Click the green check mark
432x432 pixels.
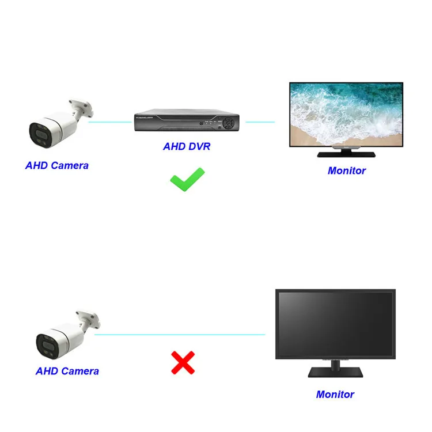tap(187, 179)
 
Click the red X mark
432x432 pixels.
tap(183, 363)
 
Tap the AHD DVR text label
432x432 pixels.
tap(187, 146)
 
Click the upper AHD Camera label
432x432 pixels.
tap(57, 165)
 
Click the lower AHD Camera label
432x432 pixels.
tap(67, 371)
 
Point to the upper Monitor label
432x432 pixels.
tap(347, 170)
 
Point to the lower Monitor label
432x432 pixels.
tap(335, 395)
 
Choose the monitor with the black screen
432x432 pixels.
tap(335, 323)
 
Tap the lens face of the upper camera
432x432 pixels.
tap(39, 133)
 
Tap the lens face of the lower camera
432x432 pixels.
tap(46, 343)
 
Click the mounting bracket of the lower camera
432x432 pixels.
tap(89, 319)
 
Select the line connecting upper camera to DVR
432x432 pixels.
tap(109, 122)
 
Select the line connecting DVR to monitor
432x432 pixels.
tap(260, 122)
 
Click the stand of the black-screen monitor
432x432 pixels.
tap(335, 369)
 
